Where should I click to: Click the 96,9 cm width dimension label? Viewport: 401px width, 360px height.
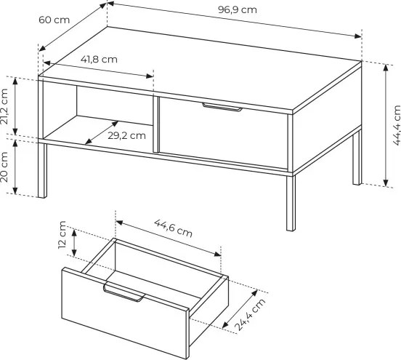tap(237, 10)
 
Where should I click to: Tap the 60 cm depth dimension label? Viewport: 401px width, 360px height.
tap(54, 20)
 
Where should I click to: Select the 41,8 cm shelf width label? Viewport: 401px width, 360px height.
tap(99, 60)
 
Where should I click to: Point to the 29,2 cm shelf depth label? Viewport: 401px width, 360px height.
tap(126, 136)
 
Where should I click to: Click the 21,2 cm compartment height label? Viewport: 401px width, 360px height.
tap(4, 106)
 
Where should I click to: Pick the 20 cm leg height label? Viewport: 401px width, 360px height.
tap(4, 167)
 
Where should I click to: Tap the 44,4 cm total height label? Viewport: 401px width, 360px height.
tap(397, 125)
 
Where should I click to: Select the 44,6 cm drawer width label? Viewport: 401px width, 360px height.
tap(173, 228)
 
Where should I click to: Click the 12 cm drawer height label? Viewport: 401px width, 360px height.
tap(62, 235)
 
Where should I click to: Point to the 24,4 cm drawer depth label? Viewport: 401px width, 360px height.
tap(250, 315)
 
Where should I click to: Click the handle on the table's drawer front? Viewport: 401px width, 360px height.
tap(222, 108)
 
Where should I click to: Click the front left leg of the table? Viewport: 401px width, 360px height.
tap(42, 170)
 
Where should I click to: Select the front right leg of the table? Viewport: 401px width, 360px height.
tap(291, 203)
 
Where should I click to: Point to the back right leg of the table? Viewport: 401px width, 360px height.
tap(357, 158)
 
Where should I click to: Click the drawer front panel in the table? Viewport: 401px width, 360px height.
tap(223, 132)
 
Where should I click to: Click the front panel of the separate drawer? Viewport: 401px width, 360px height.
tap(125, 313)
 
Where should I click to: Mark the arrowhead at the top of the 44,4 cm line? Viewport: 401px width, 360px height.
tap(386, 67)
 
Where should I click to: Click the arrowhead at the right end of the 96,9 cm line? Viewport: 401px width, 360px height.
tap(358, 36)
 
